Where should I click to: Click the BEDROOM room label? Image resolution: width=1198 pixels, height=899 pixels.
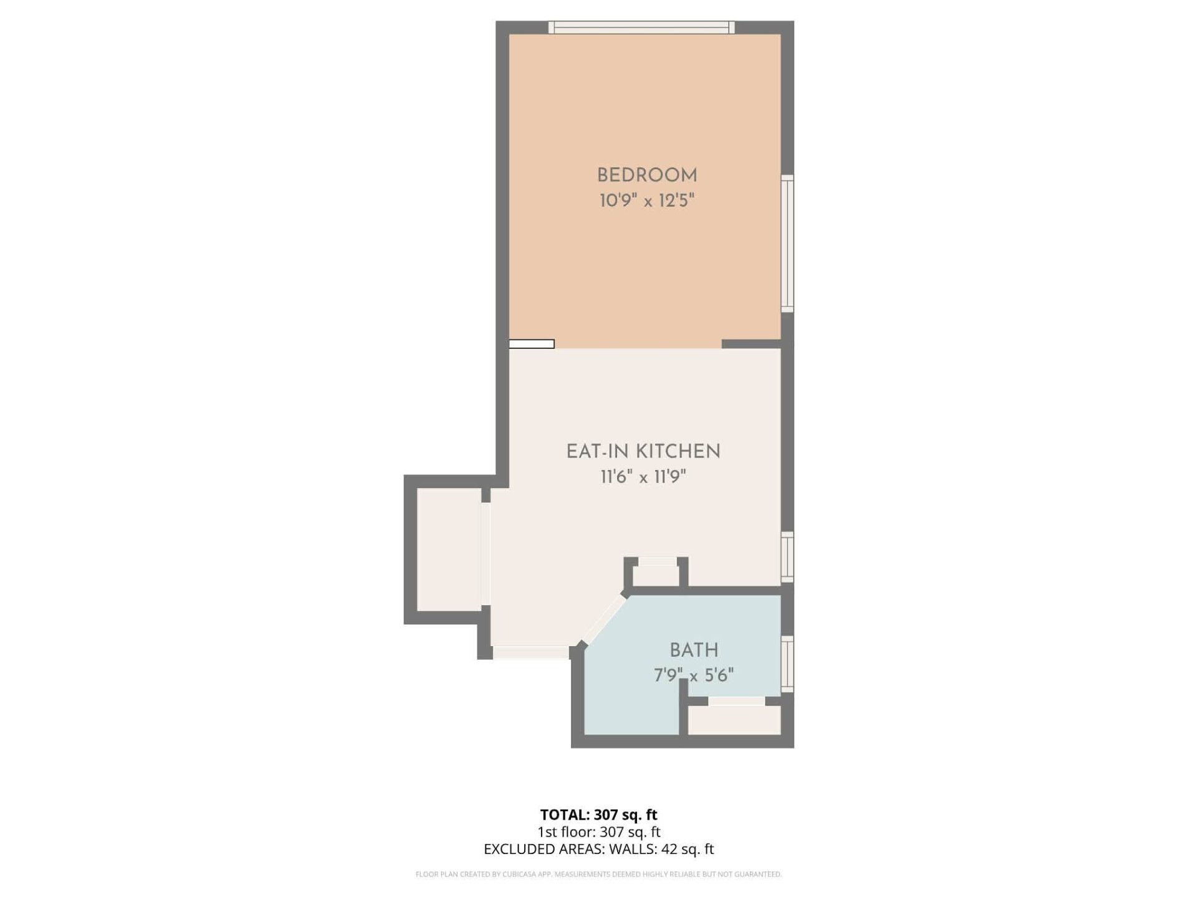[647, 175]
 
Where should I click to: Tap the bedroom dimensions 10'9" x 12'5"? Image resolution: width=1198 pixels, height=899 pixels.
[647, 200]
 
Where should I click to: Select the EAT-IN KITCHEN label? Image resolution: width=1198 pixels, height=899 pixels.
[643, 451]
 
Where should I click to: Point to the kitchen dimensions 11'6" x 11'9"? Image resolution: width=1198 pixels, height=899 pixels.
[643, 477]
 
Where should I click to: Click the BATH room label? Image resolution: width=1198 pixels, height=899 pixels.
[694, 650]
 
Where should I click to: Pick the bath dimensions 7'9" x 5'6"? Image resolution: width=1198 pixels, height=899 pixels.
[693, 675]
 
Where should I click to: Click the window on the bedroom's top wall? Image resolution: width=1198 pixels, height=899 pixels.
[641, 27]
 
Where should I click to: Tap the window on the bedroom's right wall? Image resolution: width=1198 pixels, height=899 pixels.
[788, 243]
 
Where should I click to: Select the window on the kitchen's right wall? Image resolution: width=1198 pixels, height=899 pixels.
[788, 558]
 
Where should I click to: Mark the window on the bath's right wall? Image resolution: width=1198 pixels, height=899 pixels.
[788, 664]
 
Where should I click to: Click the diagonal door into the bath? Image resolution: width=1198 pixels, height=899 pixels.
[603, 620]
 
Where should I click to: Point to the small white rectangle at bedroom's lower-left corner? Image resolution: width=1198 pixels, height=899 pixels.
[532, 344]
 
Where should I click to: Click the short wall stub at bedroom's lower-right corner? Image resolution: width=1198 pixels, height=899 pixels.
[751, 344]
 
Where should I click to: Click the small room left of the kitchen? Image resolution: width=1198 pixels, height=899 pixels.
[449, 549]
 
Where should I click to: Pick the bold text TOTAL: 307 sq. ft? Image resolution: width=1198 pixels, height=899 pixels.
[599, 815]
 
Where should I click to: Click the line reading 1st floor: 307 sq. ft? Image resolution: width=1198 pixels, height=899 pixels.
[599, 832]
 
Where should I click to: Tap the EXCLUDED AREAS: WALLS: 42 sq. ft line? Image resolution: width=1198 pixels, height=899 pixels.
[599, 849]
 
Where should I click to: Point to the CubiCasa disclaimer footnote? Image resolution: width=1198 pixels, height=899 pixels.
[599, 875]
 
